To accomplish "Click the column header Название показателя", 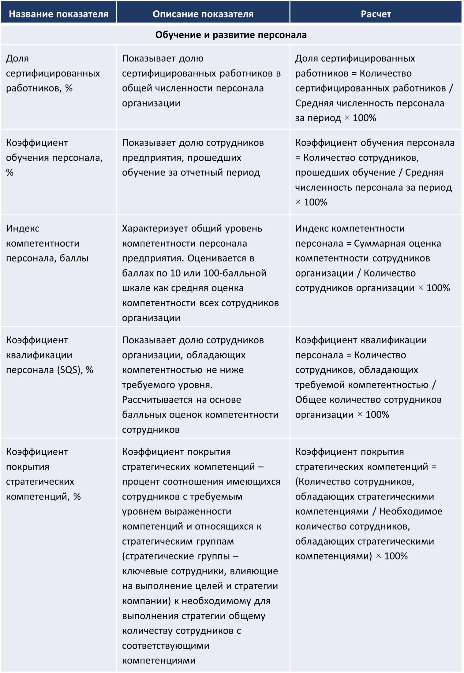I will (x=58, y=14).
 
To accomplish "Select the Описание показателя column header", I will (x=203, y=14).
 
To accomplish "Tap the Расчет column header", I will (x=376, y=14).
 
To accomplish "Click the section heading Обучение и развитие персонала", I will (x=231, y=35).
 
